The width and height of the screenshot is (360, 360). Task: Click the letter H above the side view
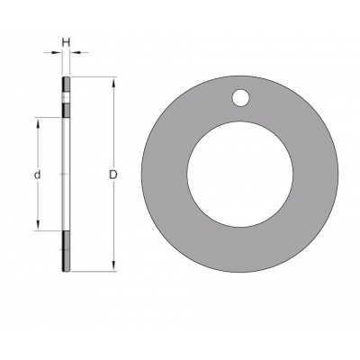pos(66,42)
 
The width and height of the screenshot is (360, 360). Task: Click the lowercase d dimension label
pos(37,175)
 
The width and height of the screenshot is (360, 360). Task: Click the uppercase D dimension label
pos(112,175)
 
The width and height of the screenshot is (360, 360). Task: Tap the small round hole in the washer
pos(240,97)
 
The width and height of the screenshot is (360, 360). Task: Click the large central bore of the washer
pos(240,174)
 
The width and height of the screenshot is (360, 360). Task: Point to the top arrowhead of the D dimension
pos(113,83)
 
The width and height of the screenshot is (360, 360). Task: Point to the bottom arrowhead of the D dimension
pos(113,266)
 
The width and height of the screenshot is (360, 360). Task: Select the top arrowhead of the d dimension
pos(38,122)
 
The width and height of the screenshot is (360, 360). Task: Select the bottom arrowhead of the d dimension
pos(38,225)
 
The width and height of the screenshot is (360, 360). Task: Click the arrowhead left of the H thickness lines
pos(57,53)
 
